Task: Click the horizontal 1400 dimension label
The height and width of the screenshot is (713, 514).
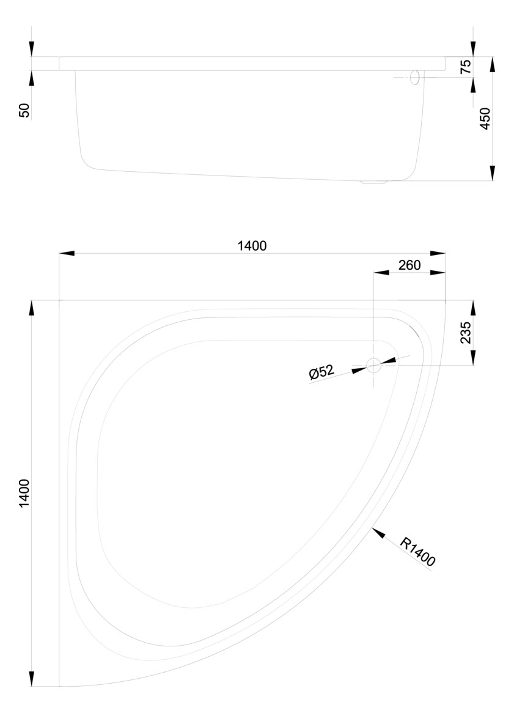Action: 252,246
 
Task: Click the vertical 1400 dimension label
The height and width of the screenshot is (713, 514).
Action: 24,493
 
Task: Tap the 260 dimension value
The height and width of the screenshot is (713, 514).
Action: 409,265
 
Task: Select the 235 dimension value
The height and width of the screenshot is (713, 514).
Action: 466,333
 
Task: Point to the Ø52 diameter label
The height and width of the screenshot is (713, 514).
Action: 321,372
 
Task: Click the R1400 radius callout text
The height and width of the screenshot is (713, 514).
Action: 418,552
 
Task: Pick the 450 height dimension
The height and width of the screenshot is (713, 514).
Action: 485,118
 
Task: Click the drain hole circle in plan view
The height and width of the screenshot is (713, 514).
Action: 373,366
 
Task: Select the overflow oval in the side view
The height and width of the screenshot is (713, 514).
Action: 415,78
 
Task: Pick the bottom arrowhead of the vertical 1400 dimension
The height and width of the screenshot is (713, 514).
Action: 32,679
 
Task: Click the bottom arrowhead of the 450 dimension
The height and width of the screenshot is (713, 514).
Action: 493,174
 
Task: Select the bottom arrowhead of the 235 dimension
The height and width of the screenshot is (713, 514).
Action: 472,359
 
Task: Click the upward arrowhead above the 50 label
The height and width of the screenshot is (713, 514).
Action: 32,78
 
